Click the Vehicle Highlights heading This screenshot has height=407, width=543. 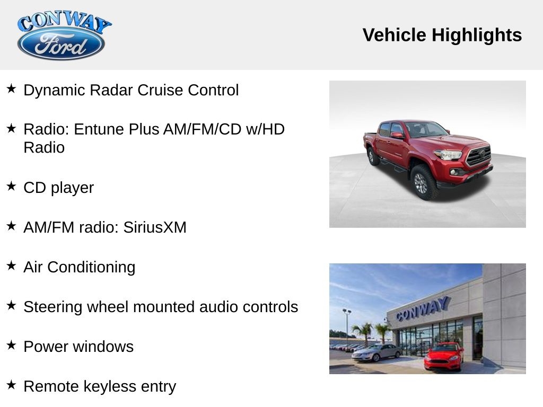point(442,36)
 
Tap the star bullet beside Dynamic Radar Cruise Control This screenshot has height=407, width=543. point(11,89)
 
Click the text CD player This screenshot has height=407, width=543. point(58,188)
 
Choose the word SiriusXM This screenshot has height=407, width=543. point(155,227)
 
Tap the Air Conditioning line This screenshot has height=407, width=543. point(79,267)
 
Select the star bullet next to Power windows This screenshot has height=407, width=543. point(11,345)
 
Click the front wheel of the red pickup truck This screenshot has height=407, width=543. point(423,182)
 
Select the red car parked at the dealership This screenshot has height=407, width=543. point(443,356)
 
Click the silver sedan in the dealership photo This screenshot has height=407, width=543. point(376,352)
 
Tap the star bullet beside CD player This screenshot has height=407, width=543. point(11,186)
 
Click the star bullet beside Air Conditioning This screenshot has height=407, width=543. point(11,266)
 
